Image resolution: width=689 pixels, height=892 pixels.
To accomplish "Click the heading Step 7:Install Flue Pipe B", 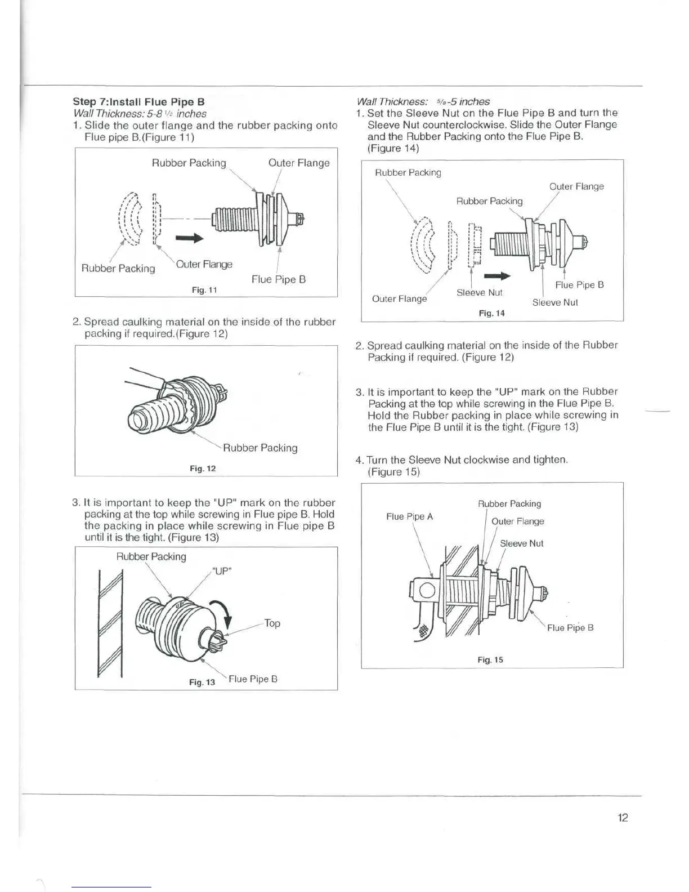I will tap(138, 102).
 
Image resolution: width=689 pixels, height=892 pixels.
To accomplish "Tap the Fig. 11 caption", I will tap(204, 290).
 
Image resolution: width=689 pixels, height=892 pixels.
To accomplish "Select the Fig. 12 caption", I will tap(203, 469).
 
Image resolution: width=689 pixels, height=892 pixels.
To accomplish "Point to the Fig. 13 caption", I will tap(202, 682).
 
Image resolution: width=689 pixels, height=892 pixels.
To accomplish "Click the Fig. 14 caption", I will tap(491, 313).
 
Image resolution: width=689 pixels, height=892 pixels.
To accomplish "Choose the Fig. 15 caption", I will tap(490, 659).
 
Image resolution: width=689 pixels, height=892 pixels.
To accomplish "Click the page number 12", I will tap(622, 818).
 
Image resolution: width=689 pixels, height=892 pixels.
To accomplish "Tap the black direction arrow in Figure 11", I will tap(189, 239).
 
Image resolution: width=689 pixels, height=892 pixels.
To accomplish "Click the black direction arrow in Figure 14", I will tap(497, 276).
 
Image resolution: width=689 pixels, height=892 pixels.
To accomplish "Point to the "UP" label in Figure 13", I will tap(222, 571).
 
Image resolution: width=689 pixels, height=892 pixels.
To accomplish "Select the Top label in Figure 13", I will tap(272, 623).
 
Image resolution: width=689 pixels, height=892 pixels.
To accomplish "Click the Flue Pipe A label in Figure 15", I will tap(409, 516).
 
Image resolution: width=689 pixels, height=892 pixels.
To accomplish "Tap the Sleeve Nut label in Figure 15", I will tap(522, 543).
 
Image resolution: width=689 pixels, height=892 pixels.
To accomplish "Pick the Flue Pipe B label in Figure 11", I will tap(279, 279).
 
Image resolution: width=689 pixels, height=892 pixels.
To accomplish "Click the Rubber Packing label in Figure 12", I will tap(260, 448).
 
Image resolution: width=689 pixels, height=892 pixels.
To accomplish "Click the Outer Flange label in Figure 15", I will tap(518, 521).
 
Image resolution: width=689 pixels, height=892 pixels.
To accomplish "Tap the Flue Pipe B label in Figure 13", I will tap(253, 679).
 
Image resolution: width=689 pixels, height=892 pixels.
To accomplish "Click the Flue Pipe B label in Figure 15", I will tap(570, 628).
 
